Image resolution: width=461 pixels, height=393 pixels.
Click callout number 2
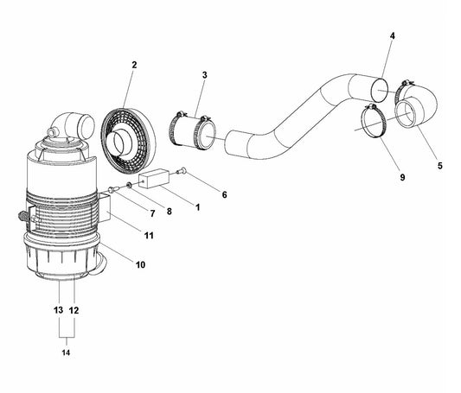pos(134,65)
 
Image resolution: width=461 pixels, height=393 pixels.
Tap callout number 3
pos(204,76)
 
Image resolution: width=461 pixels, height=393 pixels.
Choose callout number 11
pos(149,235)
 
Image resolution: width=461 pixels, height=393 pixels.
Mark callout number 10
pos(140,264)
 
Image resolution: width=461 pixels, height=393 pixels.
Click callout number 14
pos(66,352)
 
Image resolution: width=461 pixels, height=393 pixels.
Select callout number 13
pos(58,309)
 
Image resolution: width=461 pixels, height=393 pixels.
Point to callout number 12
pos(74,309)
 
